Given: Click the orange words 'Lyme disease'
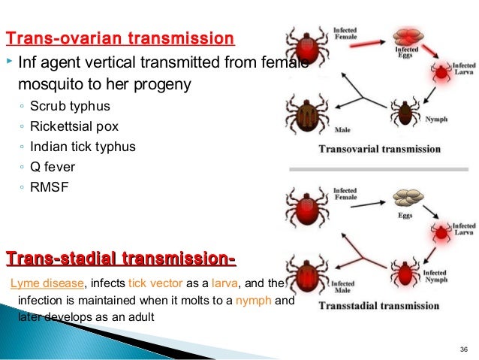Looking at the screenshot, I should (x=47, y=283).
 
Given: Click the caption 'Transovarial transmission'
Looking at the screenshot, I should (x=380, y=149).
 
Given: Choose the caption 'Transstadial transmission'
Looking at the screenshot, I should (x=379, y=306).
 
